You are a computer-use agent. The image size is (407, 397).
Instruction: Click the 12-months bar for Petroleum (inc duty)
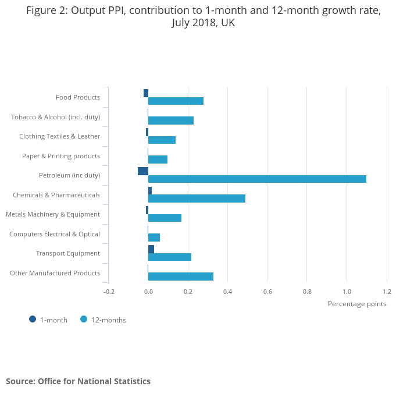(257, 179)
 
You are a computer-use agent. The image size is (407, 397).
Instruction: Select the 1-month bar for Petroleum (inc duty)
(143, 171)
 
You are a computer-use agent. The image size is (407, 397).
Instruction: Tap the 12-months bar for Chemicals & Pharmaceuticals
(197, 198)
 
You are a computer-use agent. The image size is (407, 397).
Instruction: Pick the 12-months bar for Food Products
(176, 101)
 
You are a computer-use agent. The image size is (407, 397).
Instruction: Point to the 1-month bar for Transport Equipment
(151, 249)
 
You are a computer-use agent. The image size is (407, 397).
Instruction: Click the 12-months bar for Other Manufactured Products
(181, 277)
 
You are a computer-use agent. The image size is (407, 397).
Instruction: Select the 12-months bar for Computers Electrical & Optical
(154, 238)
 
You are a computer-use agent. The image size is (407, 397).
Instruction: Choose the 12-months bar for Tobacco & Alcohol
(171, 120)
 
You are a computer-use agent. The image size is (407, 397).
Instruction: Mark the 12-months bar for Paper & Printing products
(158, 159)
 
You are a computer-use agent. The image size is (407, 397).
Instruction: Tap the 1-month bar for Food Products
(146, 93)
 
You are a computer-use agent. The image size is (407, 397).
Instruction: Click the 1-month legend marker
(33, 319)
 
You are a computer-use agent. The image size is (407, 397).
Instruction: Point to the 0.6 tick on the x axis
(267, 292)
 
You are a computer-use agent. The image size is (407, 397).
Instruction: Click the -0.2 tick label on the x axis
(109, 292)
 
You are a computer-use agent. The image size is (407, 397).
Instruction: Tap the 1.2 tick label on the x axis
(386, 292)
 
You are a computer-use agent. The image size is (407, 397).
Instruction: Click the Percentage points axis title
(357, 303)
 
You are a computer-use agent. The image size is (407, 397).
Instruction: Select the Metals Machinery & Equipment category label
(53, 214)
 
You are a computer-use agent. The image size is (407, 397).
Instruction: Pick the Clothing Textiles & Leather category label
(59, 136)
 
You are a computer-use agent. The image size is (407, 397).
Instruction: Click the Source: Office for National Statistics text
(78, 381)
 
